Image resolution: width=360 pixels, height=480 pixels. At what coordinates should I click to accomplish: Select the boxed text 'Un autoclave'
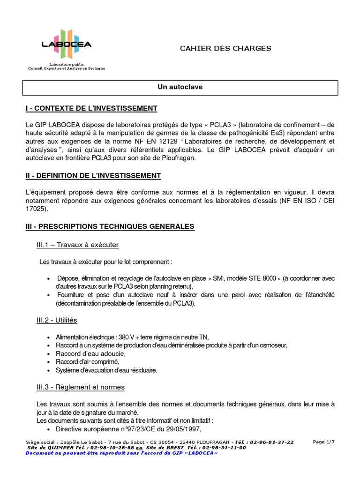click(x=180, y=87)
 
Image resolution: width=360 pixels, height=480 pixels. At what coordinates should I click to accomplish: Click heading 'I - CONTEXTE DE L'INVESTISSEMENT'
click(x=91, y=109)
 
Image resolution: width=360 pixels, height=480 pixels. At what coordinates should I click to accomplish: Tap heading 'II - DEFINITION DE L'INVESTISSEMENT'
click(x=93, y=176)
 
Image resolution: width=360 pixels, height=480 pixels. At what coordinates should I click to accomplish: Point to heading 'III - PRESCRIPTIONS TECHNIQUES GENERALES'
click(x=110, y=226)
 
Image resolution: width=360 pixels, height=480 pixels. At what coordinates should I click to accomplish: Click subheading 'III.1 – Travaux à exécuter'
click(x=77, y=245)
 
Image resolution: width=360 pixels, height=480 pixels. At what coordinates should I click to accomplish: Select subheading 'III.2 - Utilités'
click(x=57, y=320)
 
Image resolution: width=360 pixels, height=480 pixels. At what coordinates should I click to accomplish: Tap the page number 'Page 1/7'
click(x=324, y=442)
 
